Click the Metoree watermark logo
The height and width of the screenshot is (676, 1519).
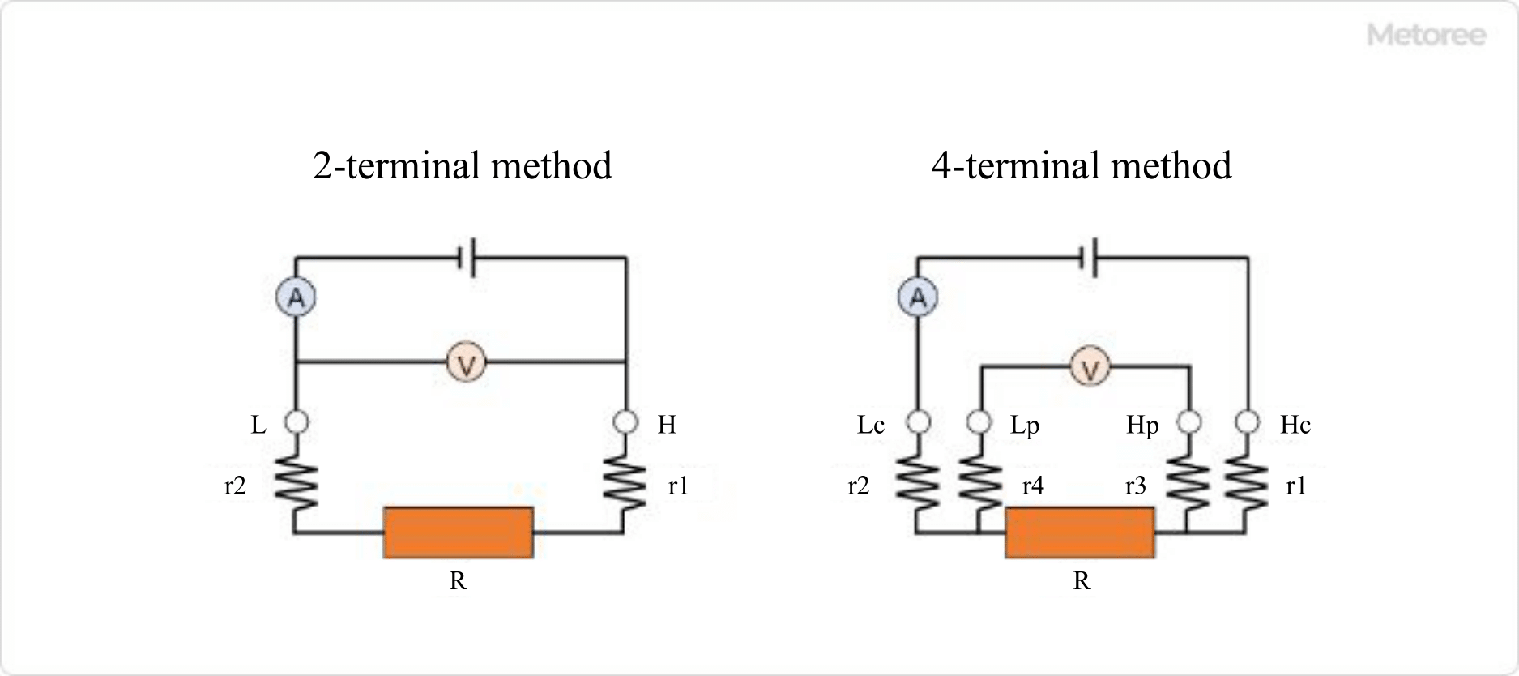[1426, 35]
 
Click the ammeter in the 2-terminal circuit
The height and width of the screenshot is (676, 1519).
[296, 297]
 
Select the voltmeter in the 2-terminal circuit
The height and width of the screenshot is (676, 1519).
[466, 362]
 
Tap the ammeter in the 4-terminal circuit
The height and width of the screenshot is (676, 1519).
[917, 297]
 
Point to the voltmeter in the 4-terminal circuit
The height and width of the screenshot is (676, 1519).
[1090, 367]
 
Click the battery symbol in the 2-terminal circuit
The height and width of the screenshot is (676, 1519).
[467, 258]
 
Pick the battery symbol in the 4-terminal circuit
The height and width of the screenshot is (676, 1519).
[1090, 258]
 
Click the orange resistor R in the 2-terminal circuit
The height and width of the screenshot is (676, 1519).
[459, 533]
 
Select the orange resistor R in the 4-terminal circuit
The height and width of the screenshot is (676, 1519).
[1080, 533]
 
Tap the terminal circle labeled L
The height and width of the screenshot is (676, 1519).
[297, 422]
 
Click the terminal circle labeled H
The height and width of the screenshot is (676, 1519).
[625, 422]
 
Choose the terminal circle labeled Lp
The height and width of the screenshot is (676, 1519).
[979, 422]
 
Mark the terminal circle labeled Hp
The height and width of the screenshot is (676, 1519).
[1188, 422]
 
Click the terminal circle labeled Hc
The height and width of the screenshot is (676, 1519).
[1248, 422]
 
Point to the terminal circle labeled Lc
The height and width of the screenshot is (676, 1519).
[918, 422]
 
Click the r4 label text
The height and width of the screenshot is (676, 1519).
[1033, 486]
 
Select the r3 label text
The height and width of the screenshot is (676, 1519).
[1136, 486]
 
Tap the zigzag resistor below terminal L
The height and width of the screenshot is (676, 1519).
[297, 483]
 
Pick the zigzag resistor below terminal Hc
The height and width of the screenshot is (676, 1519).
[1247, 483]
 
